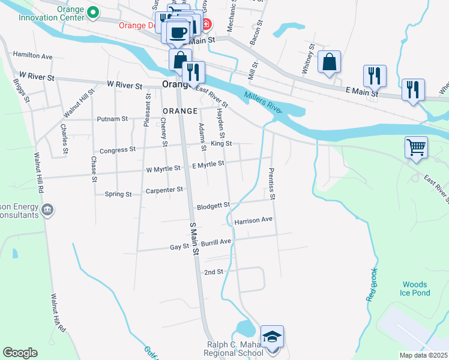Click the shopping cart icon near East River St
pos(416,146)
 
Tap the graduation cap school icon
pos(272,337)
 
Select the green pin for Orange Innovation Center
pos(92,12)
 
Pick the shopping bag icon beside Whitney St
pos(329,62)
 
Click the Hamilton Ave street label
pos(33,56)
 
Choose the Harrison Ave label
pos(253,220)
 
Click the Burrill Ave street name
pos(216,242)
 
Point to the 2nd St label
pos(214,272)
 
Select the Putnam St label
pos(113,119)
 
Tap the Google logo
pos(20,353)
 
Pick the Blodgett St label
pos(214,205)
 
